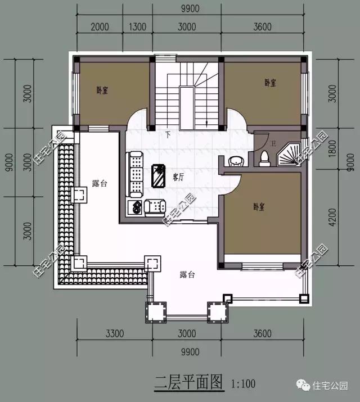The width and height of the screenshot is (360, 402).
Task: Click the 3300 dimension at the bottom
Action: [x=114, y=334]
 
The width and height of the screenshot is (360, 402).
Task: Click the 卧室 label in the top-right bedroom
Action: [x=271, y=83]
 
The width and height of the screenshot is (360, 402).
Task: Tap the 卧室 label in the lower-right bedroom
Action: [x=259, y=206]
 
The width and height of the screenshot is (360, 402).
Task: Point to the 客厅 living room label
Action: [x=179, y=177]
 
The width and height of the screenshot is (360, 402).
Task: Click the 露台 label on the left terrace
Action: [x=99, y=183]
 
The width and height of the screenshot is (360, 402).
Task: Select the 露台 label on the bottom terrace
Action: [x=187, y=274]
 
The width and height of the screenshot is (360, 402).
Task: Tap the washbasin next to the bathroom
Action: [x=237, y=161]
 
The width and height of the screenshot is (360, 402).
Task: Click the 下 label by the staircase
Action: [x=168, y=135]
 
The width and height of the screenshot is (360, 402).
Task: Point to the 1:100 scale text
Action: [x=243, y=385]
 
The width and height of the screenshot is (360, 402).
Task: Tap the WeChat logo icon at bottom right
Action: [x=304, y=386]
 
